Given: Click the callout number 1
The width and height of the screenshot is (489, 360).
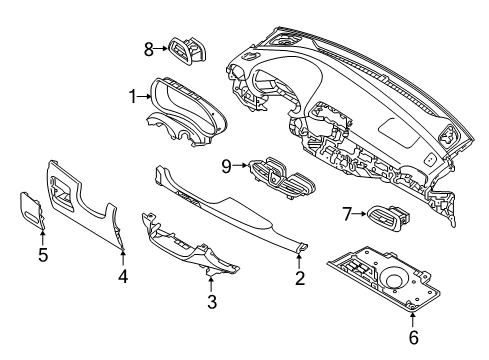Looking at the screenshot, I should click(131, 97).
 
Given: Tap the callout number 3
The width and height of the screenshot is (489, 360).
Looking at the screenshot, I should click(211, 302).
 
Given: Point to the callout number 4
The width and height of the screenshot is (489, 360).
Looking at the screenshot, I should click(123, 274).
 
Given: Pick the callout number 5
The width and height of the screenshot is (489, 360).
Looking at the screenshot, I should click(43, 254).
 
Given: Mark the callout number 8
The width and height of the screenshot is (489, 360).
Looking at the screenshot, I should click(149, 47).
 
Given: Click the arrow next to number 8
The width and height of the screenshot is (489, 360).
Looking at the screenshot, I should click(162, 47).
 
